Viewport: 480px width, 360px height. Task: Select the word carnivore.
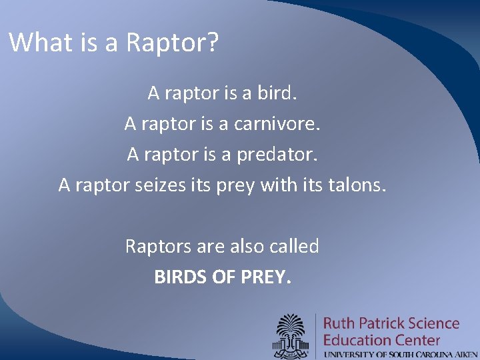click(275, 123)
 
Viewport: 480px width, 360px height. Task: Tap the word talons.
click(357, 185)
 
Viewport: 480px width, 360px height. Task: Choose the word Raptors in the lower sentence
click(158, 246)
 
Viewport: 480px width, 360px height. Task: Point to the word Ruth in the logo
click(339, 324)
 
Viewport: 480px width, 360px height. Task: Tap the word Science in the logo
click(435, 324)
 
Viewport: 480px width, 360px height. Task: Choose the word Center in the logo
click(417, 340)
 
